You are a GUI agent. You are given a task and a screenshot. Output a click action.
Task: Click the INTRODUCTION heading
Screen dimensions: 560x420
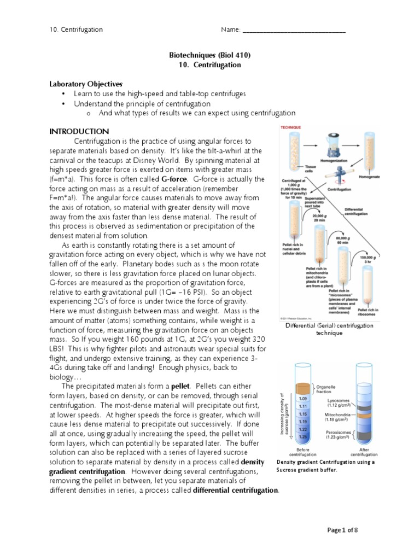79,132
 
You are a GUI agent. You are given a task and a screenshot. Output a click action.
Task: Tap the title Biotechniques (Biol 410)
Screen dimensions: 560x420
209,55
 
